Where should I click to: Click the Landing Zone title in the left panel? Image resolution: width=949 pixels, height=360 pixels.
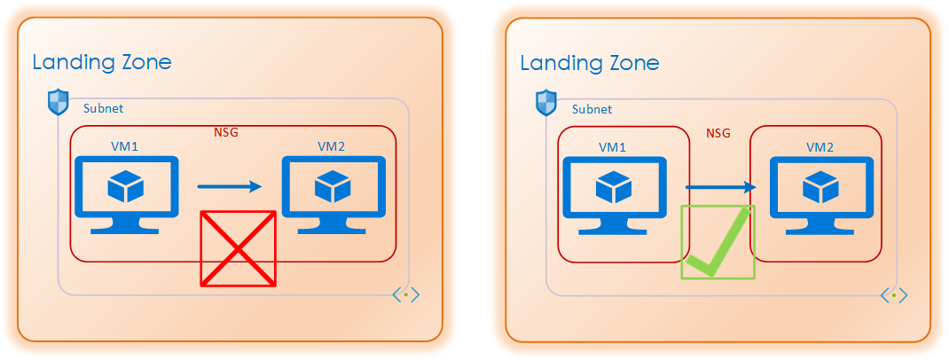(101, 62)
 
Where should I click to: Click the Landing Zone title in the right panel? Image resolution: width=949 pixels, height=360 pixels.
(589, 63)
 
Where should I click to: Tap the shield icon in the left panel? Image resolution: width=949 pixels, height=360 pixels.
(58, 103)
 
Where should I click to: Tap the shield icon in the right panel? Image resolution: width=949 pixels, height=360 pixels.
(545, 103)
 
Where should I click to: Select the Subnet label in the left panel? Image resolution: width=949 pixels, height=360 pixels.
(103, 109)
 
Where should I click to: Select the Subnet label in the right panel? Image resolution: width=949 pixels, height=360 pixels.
(592, 110)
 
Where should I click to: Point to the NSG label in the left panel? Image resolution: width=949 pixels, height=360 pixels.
(226, 133)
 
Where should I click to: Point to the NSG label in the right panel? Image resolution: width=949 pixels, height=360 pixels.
(718, 134)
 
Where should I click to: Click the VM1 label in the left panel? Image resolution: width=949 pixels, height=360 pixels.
(125, 145)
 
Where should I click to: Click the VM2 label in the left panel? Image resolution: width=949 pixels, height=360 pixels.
(333, 145)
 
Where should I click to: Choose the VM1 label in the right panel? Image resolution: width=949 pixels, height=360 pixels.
(613, 146)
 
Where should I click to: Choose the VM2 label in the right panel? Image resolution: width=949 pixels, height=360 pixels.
(820, 146)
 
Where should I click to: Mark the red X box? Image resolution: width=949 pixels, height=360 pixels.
(238, 249)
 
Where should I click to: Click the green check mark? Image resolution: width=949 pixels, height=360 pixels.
(718, 242)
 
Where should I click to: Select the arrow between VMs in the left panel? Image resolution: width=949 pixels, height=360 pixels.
(230, 186)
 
